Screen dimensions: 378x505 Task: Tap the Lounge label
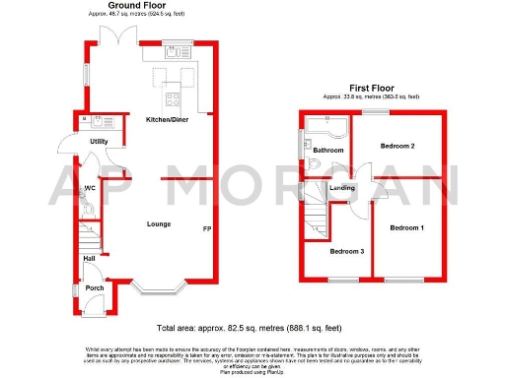(x=159, y=223)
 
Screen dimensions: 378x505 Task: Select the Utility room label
(x=99, y=142)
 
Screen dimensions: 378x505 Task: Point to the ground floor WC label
(x=90, y=187)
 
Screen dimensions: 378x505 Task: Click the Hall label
(x=89, y=258)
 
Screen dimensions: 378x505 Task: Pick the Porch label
(x=94, y=287)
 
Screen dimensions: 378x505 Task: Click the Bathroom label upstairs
(x=329, y=150)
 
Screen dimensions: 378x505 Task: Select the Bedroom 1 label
(x=407, y=228)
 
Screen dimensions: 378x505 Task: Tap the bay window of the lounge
(x=158, y=289)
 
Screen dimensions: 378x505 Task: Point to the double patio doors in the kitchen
(x=121, y=38)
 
